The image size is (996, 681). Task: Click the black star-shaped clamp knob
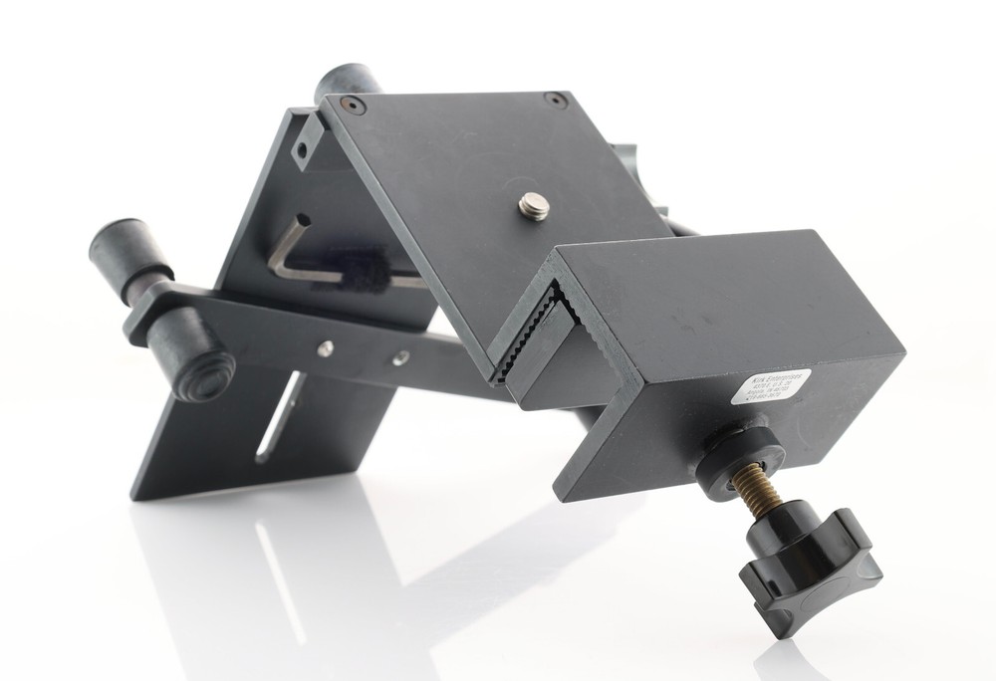(809, 571)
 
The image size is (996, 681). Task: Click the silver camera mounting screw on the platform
(533, 204)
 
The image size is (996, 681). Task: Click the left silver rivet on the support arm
(324, 347)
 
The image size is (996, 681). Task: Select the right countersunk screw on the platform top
(553, 99)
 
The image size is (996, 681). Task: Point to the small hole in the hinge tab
(299, 152)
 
